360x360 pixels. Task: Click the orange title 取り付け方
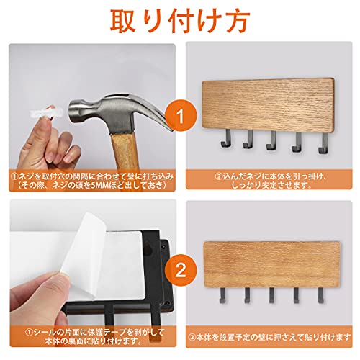(x=180, y=21)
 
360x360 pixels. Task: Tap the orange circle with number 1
(x=181, y=116)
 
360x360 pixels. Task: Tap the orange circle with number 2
(x=181, y=270)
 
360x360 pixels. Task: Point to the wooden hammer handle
(x=125, y=151)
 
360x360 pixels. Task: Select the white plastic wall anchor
(x=45, y=112)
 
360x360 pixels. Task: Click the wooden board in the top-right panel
(x=268, y=105)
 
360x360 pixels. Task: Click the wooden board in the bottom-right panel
(x=271, y=264)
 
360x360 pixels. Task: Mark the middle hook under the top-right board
(x=271, y=140)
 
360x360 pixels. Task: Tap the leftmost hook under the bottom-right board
(x=222, y=294)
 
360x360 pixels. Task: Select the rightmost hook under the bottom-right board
(x=320, y=295)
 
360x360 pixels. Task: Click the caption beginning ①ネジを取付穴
(x=92, y=181)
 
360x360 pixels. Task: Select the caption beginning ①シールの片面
(x=95, y=336)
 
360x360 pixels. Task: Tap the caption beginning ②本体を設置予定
(x=269, y=337)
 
